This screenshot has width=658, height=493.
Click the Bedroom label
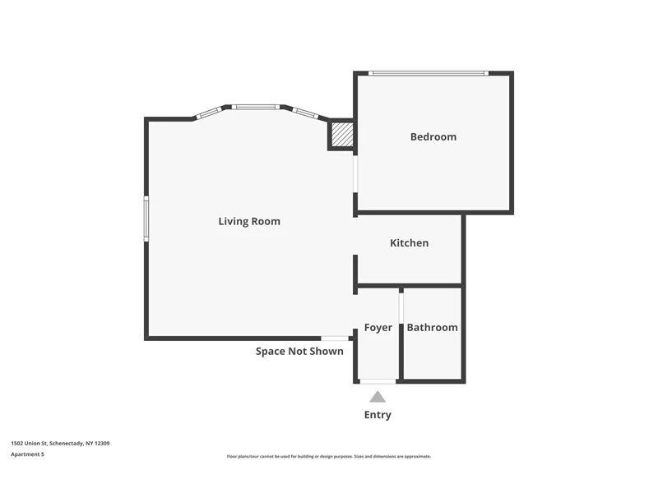coord(433,136)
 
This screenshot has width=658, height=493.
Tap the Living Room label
coord(249,221)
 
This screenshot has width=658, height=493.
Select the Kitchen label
coord(409,242)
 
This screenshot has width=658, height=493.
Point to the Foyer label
coord(378,327)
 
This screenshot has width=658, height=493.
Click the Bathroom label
coord(433,327)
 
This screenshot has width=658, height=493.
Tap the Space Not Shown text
coord(299,352)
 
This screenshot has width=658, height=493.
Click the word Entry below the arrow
coord(378,415)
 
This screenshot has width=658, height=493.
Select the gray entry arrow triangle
coord(378,397)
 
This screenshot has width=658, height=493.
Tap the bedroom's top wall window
coord(429,73)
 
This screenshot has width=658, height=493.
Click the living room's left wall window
coord(146,219)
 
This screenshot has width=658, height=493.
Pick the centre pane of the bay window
coord(256,107)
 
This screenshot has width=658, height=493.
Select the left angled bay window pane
coord(209,113)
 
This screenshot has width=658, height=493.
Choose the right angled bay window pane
coord(305,113)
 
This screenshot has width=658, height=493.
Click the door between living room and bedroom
coord(355,174)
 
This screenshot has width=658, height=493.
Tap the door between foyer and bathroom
coord(401,308)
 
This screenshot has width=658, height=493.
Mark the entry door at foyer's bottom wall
coord(378,381)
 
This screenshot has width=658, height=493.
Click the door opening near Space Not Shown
coord(335,339)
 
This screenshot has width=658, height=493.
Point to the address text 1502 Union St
coord(60,443)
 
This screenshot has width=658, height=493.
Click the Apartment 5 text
coord(27,454)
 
